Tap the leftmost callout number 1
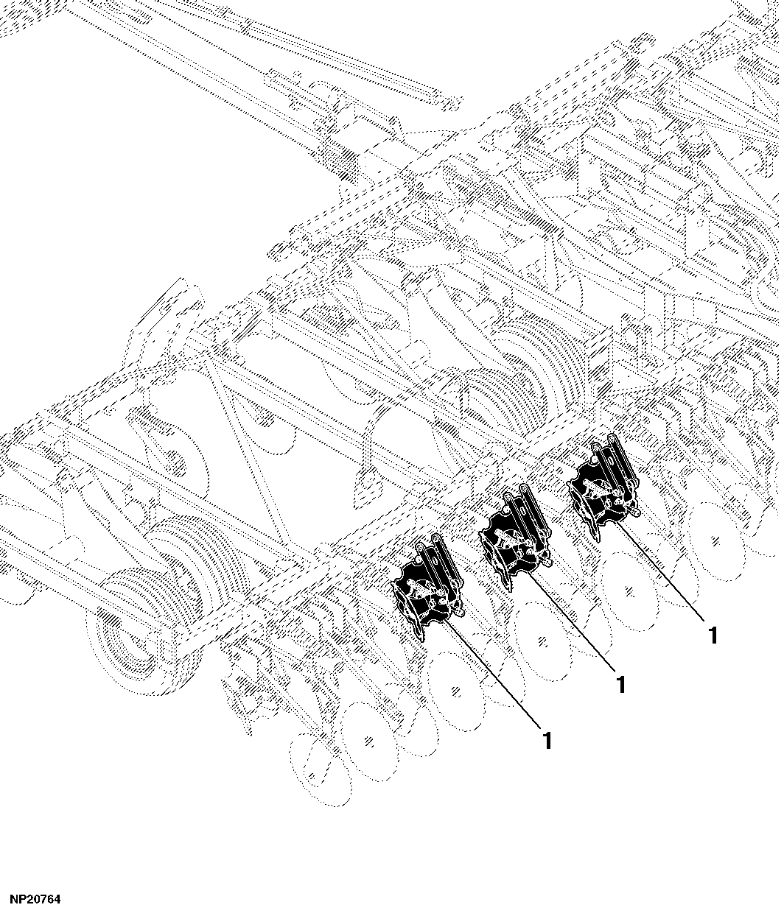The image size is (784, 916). [547, 740]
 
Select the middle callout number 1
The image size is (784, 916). [621, 685]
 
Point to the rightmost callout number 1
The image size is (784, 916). [713, 635]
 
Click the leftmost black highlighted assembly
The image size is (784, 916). [426, 589]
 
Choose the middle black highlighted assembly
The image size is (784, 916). [514, 538]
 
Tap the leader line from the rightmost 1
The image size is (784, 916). [662, 571]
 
